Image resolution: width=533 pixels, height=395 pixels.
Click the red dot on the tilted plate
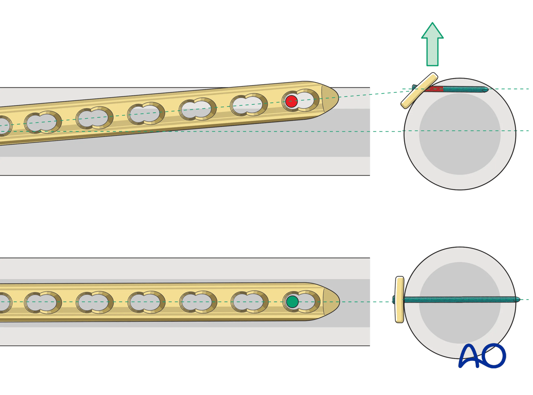pyautogui.click(x=291, y=101)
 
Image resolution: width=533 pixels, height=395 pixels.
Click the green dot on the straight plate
pyautogui.click(x=292, y=302)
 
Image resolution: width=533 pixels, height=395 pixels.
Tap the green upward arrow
pyautogui.click(x=432, y=44)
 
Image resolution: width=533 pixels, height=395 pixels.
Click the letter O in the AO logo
pyautogui.click(x=494, y=356)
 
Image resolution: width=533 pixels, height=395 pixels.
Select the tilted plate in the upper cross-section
pyautogui.click(x=419, y=91)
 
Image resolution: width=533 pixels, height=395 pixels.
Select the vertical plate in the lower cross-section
pyautogui.click(x=399, y=300)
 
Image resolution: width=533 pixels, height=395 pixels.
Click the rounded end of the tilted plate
pyautogui.click(x=330, y=98)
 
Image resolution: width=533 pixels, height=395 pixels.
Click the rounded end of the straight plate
pyautogui.click(x=331, y=302)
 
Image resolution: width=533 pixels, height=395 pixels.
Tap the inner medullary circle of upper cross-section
pyautogui.click(x=460, y=134)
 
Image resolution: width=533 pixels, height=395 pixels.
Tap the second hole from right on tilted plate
pyautogui.click(x=249, y=105)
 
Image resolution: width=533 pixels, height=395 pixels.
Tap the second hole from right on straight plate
pyautogui.click(x=249, y=302)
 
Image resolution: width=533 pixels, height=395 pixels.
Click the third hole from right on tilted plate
pyautogui.click(x=198, y=109)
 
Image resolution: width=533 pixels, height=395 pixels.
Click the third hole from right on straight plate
pyautogui.click(x=198, y=302)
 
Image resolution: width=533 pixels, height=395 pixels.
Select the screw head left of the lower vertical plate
pyautogui.click(x=394, y=300)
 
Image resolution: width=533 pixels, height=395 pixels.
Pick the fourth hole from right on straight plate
pyautogui.click(x=146, y=302)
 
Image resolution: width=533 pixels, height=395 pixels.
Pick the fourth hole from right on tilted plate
pyautogui.click(x=146, y=114)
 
